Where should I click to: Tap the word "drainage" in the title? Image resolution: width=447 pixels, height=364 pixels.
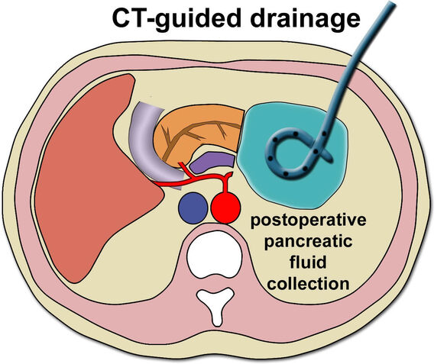306,19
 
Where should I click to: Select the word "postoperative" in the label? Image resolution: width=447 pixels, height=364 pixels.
308,221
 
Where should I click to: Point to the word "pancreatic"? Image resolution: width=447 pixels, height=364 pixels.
308,242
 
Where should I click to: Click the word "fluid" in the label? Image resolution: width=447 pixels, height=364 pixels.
308,262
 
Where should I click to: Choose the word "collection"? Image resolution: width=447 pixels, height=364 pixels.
308,283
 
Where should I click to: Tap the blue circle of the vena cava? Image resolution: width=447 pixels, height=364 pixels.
193,208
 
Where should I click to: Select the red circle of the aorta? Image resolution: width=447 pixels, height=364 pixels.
225,208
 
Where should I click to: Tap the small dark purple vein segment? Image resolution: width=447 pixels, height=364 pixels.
212,163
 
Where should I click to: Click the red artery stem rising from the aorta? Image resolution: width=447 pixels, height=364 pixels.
226,184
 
